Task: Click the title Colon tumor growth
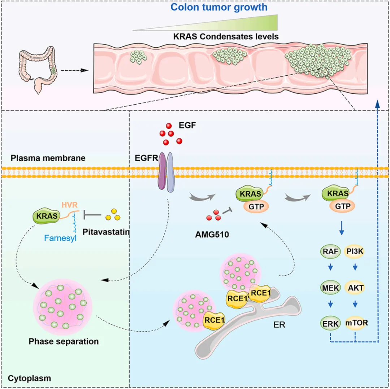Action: pos(219,7)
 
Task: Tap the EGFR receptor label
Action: pos(147,158)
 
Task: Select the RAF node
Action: pos(330,251)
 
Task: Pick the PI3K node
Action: pos(355,251)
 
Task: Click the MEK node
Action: pos(330,288)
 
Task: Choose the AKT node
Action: pos(355,288)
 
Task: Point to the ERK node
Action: pos(330,324)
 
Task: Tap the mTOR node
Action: pos(356,323)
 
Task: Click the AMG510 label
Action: pos(212,235)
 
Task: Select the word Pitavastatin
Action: pos(106,232)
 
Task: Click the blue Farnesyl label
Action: pos(60,238)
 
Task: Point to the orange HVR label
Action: pos(70,205)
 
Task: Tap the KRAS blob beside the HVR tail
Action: pos(47,216)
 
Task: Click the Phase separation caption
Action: pos(64,341)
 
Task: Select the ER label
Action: pos(279,325)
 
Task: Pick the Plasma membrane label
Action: pos(48,158)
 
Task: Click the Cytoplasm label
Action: pos(29,378)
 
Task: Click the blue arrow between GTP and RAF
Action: pos(342,228)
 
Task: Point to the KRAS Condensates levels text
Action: pos(226,36)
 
